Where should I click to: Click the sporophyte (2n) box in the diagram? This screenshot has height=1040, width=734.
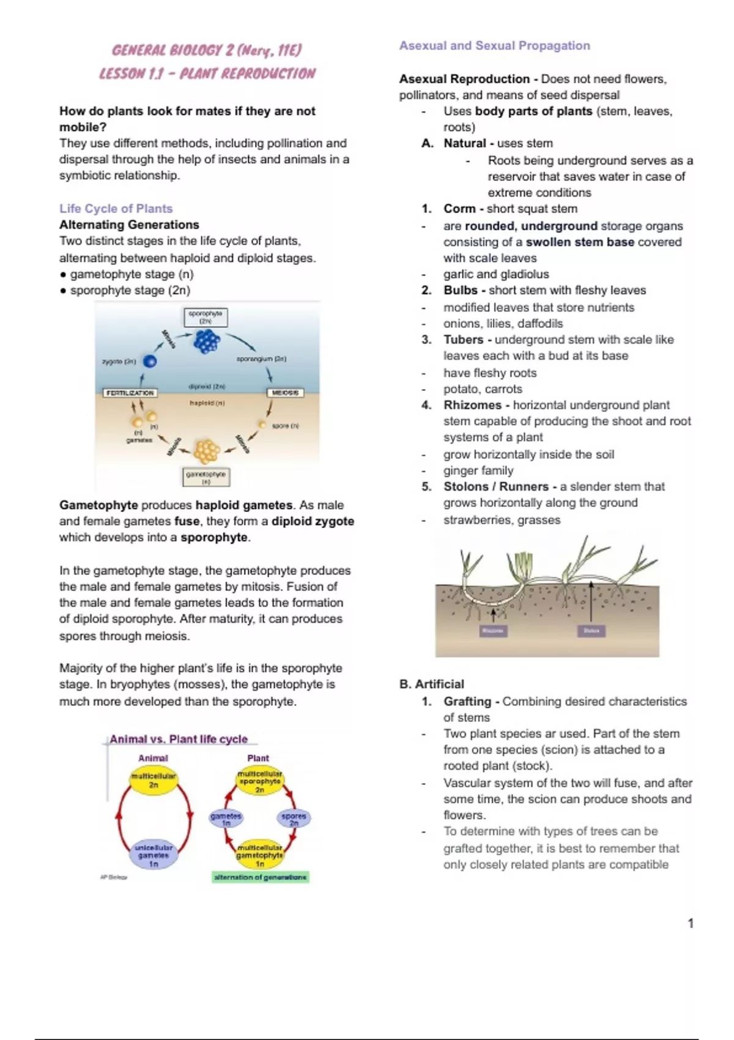[206, 318]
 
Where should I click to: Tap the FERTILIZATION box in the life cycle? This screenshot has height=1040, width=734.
[130, 393]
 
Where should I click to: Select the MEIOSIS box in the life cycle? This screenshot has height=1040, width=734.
[285, 393]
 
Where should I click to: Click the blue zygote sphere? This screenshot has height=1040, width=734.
[149, 362]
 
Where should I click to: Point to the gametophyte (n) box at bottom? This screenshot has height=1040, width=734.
[206, 477]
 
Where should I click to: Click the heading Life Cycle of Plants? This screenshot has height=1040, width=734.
[116, 209]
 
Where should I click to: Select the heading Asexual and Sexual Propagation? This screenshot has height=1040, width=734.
[494, 45]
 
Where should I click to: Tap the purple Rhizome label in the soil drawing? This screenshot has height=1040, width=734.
[492, 631]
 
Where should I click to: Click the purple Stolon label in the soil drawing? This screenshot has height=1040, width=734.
[591, 631]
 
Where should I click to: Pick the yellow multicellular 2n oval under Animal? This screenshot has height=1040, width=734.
[154, 780]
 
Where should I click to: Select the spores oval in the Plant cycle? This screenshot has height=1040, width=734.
[294, 819]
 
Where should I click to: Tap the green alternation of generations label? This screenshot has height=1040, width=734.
[261, 877]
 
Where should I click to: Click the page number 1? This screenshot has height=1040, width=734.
[691, 923]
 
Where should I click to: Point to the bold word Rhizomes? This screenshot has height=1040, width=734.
[472, 405]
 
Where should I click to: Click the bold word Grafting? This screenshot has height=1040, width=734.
[467, 701]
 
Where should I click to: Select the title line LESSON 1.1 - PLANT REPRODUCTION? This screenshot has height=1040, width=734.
[207, 74]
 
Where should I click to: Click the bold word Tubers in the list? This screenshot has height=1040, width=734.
[463, 340]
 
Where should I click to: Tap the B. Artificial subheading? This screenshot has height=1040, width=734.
[431, 684]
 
